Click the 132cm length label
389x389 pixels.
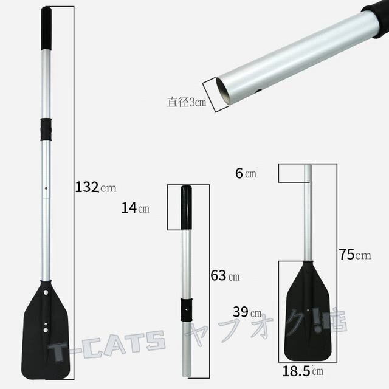point(96,187)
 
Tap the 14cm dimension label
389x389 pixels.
point(135,208)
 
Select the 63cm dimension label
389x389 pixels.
point(225,275)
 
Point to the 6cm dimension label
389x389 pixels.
point(246,173)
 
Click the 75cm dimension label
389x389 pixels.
point(355,255)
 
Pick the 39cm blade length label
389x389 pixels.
point(247,312)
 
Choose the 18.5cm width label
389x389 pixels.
point(303,371)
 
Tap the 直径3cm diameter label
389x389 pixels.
point(187,102)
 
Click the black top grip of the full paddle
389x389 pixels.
point(46,29)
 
